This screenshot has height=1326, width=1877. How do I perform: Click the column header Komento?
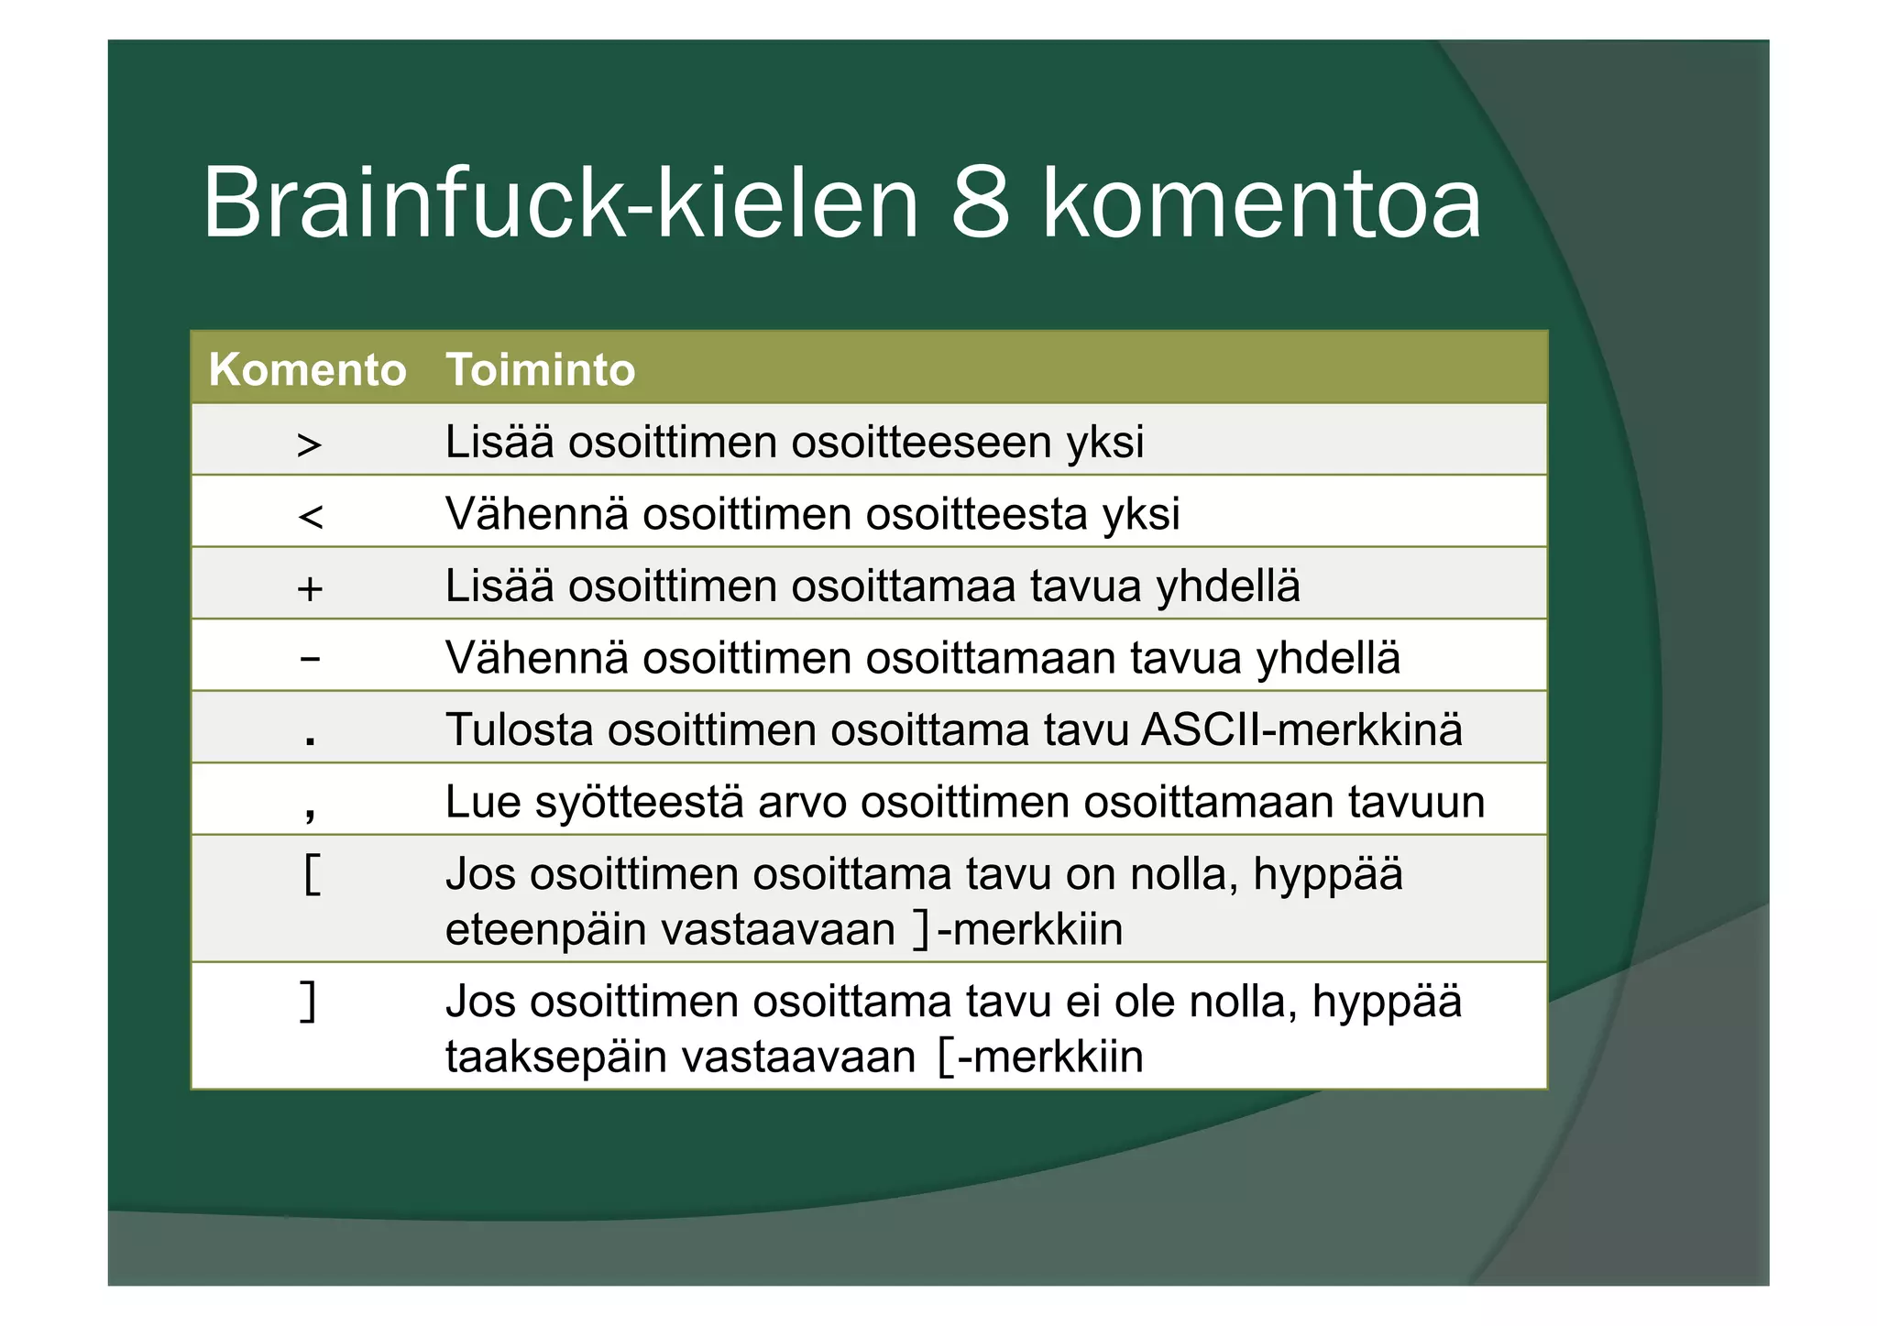pos(307,370)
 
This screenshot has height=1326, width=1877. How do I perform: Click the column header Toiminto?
pos(540,370)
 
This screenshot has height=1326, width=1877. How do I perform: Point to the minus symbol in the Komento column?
pos(311,659)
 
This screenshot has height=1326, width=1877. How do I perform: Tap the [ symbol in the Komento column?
pos(312,874)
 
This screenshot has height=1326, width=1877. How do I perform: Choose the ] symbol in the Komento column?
pos(310,1002)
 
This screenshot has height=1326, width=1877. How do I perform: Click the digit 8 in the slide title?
pos(980,203)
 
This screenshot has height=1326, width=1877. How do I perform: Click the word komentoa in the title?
pos(1261,203)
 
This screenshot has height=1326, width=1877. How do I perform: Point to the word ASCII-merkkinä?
pos(1301,730)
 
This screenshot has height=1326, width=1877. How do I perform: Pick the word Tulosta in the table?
pos(520,730)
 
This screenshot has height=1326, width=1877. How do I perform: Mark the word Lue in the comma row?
pos(482,803)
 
